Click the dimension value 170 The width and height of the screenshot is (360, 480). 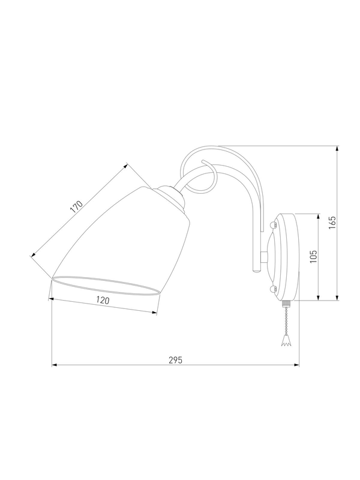pos(77,207)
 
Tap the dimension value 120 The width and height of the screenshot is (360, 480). pos(103,301)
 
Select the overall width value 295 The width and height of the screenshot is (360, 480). pos(175,360)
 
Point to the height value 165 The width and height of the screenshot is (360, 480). pos(332,223)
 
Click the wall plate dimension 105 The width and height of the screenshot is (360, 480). pos(313,257)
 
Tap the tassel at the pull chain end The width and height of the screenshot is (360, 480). pos(286,341)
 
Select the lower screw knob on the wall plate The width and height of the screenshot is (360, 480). pos(273,289)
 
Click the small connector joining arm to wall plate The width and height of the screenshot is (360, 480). pos(264,257)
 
